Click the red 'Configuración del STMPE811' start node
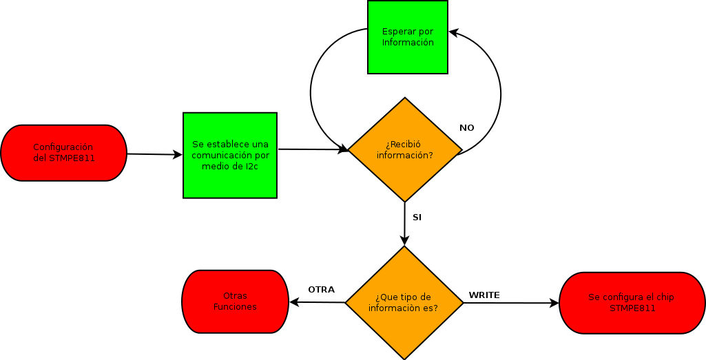pos(64,153)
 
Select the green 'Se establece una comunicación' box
pos(230,155)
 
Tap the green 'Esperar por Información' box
pos(408,37)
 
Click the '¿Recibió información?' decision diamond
pos(405,149)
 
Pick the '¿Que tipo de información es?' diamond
pos(404,303)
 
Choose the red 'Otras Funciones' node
pos(235,301)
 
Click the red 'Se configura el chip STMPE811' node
pos(632,303)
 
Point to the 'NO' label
pos(467,128)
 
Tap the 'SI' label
pos(417,218)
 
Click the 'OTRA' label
pos(321,290)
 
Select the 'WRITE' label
pos(484,295)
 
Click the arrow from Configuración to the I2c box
pos(154,154)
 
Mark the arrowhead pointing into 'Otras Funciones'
pos(293,302)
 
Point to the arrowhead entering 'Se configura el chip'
pos(554,303)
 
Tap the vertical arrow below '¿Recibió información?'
pos(405,224)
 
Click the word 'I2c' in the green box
pos(246,166)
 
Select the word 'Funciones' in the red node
pos(235,307)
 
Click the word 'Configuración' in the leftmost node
pos(63,147)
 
